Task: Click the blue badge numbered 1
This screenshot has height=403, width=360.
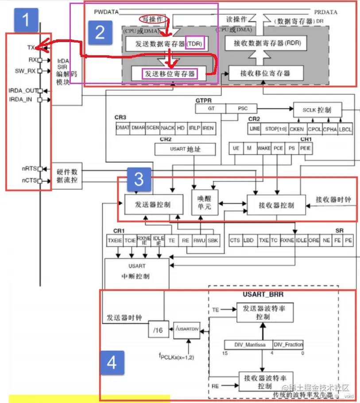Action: [x=26, y=21]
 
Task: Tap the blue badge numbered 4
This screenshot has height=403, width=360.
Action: [x=112, y=363]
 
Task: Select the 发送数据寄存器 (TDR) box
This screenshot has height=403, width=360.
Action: [x=165, y=43]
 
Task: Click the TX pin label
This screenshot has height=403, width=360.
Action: [x=31, y=47]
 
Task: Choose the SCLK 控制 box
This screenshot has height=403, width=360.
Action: [x=318, y=109]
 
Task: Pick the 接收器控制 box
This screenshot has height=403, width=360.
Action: [x=276, y=205]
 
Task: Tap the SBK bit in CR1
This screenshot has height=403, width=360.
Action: [x=213, y=240]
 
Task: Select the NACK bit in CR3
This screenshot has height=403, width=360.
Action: [x=167, y=128]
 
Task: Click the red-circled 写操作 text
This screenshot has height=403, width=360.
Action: [x=151, y=19]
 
